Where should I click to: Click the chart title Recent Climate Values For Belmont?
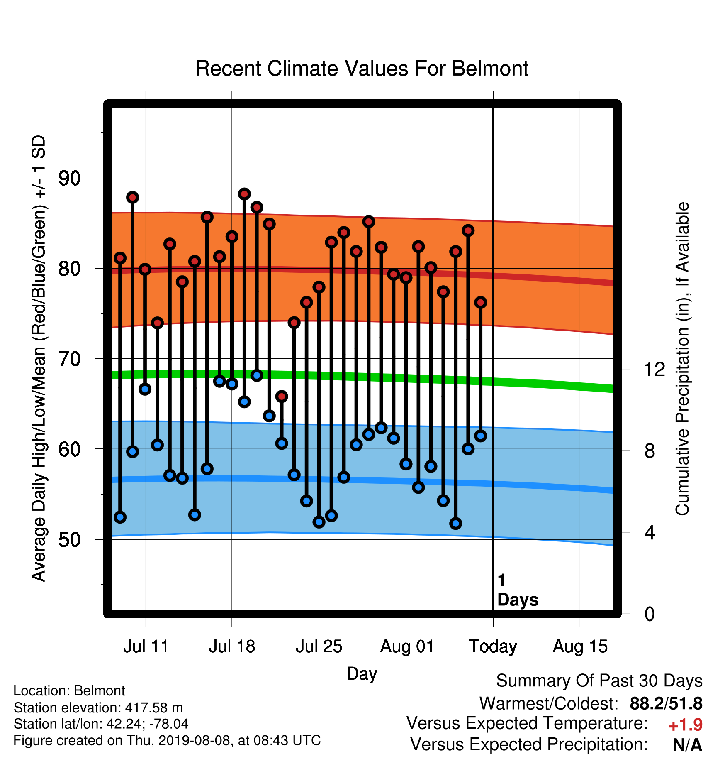(x=362, y=69)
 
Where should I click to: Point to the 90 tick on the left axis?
(x=69, y=178)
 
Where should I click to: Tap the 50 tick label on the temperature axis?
(x=69, y=539)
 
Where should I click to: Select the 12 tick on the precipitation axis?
(x=654, y=369)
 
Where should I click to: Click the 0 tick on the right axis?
(x=650, y=614)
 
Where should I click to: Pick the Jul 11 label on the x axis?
(x=146, y=646)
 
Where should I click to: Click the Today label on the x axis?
(x=493, y=646)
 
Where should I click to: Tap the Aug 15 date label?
(x=580, y=646)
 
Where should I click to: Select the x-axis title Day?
(x=362, y=674)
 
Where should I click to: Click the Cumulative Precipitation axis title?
(x=682, y=359)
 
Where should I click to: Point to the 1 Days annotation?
(x=518, y=590)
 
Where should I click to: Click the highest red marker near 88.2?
(x=244, y=194)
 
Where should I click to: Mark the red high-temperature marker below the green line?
(x=282, y=397)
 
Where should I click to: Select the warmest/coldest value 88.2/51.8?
(x=666, y=704)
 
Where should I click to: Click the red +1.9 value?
(x=685, y=725)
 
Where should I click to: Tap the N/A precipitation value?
(x=687, y=745)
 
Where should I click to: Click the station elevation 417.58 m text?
(x=98, y=708)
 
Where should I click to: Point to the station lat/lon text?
(x=101, y=724)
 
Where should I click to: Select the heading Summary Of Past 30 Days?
(x=599, y=681)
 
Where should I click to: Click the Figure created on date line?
(x=167, y=741)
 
